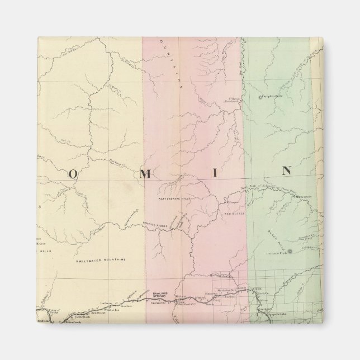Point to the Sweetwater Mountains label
pyautogui.click(x=101, y=259)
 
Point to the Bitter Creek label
pyautogui.click(x=73, y=323)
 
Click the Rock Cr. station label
pyautogui.click(x=258, y=294)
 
